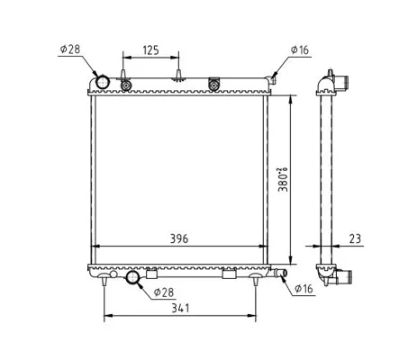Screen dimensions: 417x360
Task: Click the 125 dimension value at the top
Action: [150, 50]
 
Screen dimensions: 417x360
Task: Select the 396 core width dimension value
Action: [179, 238]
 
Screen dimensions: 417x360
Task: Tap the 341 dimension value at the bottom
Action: [180, 308]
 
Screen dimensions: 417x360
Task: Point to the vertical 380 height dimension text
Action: [283, 179]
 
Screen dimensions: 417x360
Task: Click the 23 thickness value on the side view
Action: [355, 238]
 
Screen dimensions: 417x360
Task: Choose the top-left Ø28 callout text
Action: [70, 49]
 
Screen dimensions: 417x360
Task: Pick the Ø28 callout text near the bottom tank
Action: [164, 292]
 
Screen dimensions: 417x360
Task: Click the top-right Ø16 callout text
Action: [299, 50]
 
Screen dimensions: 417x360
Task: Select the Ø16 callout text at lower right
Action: [304, 289]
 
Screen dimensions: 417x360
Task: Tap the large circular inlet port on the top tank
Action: [103, 82]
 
